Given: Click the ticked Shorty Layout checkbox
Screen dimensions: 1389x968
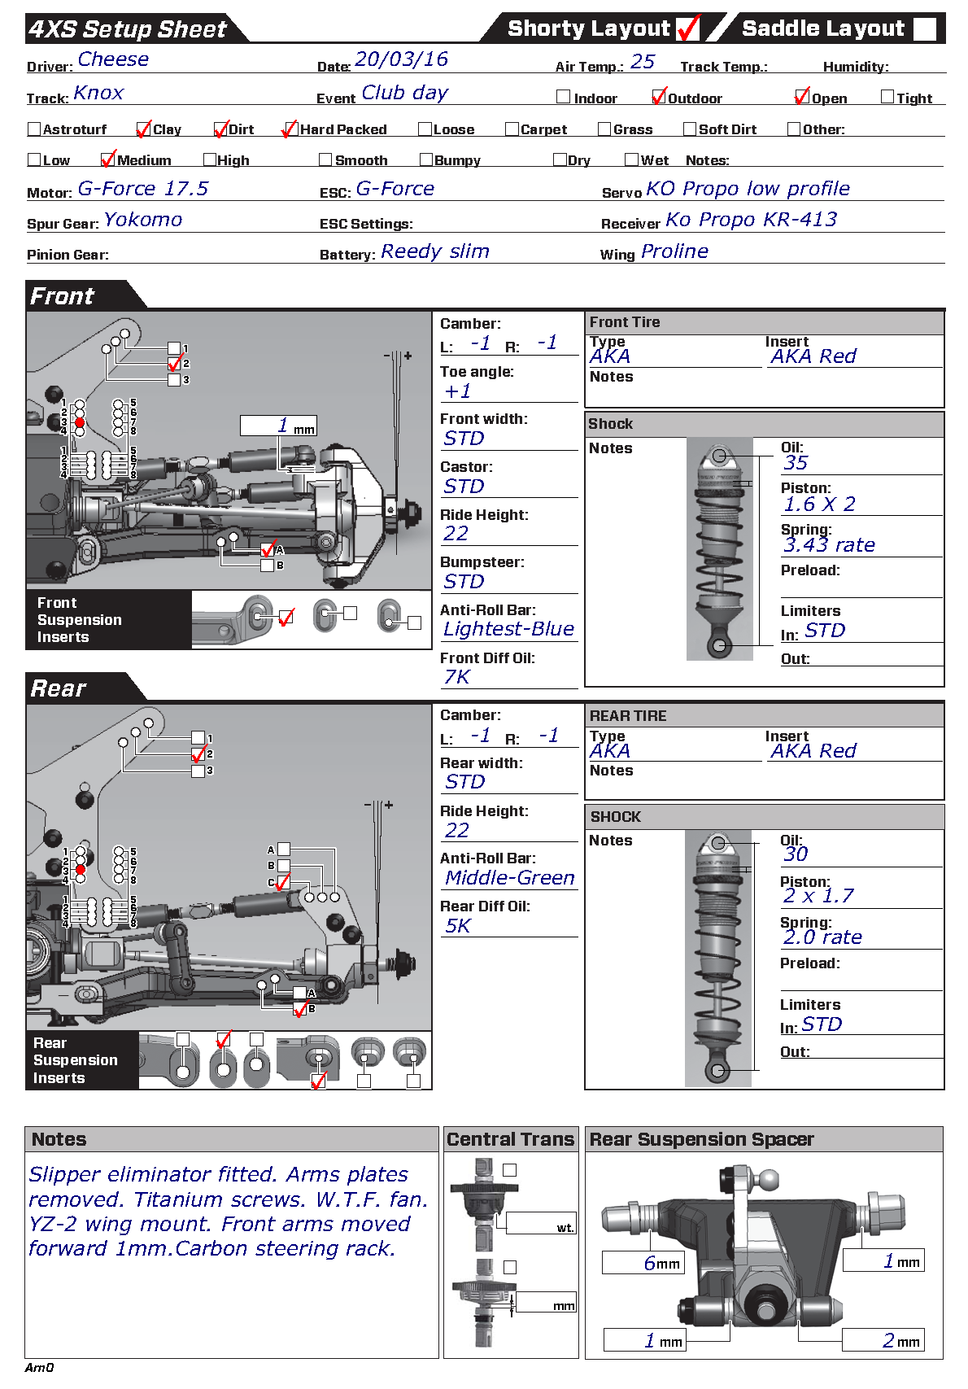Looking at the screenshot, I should (x=687, y=29).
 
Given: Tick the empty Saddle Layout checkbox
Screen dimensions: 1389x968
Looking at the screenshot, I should (x=925, y=29).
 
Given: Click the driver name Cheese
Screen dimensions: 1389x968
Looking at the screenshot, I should (x=113, y=59).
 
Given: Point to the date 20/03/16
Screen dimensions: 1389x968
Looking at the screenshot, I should (x=402, y=59).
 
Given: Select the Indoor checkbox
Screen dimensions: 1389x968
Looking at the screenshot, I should (x=563, y=97).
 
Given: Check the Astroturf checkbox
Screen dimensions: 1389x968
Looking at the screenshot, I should (x=34, y=129).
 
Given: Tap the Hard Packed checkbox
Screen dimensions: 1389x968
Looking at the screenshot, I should (x=288, y=129).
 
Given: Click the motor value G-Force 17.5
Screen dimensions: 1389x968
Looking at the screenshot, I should (x=143, y=189).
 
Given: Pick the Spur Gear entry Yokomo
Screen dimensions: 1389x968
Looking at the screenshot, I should (x=143, y=220).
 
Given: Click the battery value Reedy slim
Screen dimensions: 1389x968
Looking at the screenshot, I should (x=435, y=251).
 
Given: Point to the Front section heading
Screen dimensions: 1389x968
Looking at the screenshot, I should (x=63, y=296).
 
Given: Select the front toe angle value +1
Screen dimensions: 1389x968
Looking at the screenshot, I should (x=458, y=391).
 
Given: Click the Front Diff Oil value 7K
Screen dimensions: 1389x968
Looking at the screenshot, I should (x=457, y=677).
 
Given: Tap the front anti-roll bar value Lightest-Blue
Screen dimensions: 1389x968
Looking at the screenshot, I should (x=508, y=629).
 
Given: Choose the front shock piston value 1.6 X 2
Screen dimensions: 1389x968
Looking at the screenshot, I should (x=819, y=504).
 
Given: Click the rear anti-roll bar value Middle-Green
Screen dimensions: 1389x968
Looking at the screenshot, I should (x=510, y=878).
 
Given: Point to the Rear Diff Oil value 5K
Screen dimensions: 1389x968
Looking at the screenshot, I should (x=458, y=926).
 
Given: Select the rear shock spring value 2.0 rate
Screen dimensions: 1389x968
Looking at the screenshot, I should (x=822, y=937).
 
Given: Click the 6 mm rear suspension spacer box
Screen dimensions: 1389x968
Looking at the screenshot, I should (x=643, y=1263).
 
